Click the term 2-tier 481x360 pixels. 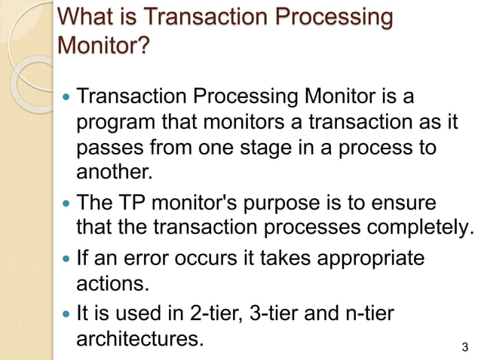coord(204,313)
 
